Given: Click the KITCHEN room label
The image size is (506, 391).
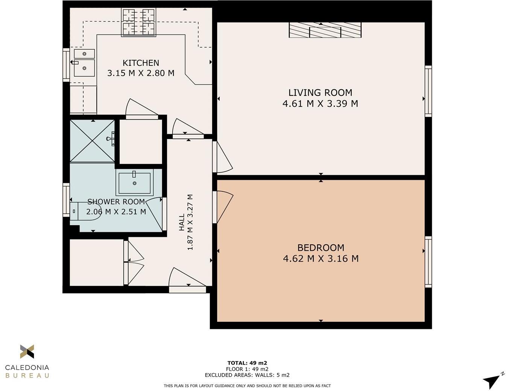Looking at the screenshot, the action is (x=141, y=63).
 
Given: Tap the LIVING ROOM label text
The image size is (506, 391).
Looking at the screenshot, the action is (x=320, y=92).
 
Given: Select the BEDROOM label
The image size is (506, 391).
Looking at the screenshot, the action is (x=321, y=247).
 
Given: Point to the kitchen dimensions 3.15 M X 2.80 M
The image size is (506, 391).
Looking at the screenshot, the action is (x=141, y=73).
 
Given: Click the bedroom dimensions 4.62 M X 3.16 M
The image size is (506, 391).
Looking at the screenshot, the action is (x=321, y=258).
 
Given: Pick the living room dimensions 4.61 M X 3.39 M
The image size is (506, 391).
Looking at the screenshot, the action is (x=320, y=103).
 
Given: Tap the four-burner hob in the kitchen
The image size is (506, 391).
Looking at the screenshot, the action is (x=139, y=22).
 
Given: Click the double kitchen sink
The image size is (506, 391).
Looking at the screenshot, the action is (x=84, y=63).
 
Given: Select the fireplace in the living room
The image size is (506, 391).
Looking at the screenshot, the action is (x=325, y=30).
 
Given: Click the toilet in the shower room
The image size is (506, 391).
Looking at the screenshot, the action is (x=85, y=211).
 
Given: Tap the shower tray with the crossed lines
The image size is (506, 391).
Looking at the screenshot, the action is (x=92, y=141).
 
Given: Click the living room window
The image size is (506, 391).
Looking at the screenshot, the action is (x=428, y=91).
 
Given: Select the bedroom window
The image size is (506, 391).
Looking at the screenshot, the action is (x=428, y=262).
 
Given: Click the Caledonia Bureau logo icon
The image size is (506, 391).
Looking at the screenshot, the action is (x=27, y=352).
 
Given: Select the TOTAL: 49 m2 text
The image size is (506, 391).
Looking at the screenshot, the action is (x=247, y=363).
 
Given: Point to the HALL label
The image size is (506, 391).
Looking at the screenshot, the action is (x=182, y=222).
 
